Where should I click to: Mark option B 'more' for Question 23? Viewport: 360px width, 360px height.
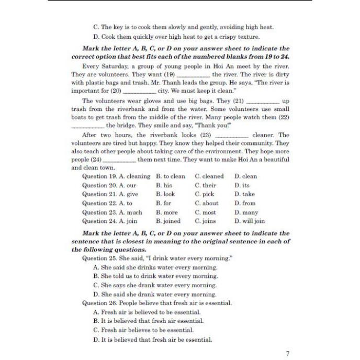[x=167, y=212]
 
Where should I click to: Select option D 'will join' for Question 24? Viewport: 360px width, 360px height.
[x=250, y=221]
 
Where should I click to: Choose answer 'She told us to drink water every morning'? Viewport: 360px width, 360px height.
[x=155, y=276]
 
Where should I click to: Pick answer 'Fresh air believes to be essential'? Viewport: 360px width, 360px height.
[x=143, y=330]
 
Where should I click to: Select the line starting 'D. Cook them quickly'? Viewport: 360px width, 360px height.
[x=168, y=37]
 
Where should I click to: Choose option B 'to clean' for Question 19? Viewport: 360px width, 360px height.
[x=171, y=176]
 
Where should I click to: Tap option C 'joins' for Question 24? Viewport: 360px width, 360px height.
[x=206, y=221]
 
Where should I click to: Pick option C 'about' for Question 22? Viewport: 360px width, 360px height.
[x=207, y=203]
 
